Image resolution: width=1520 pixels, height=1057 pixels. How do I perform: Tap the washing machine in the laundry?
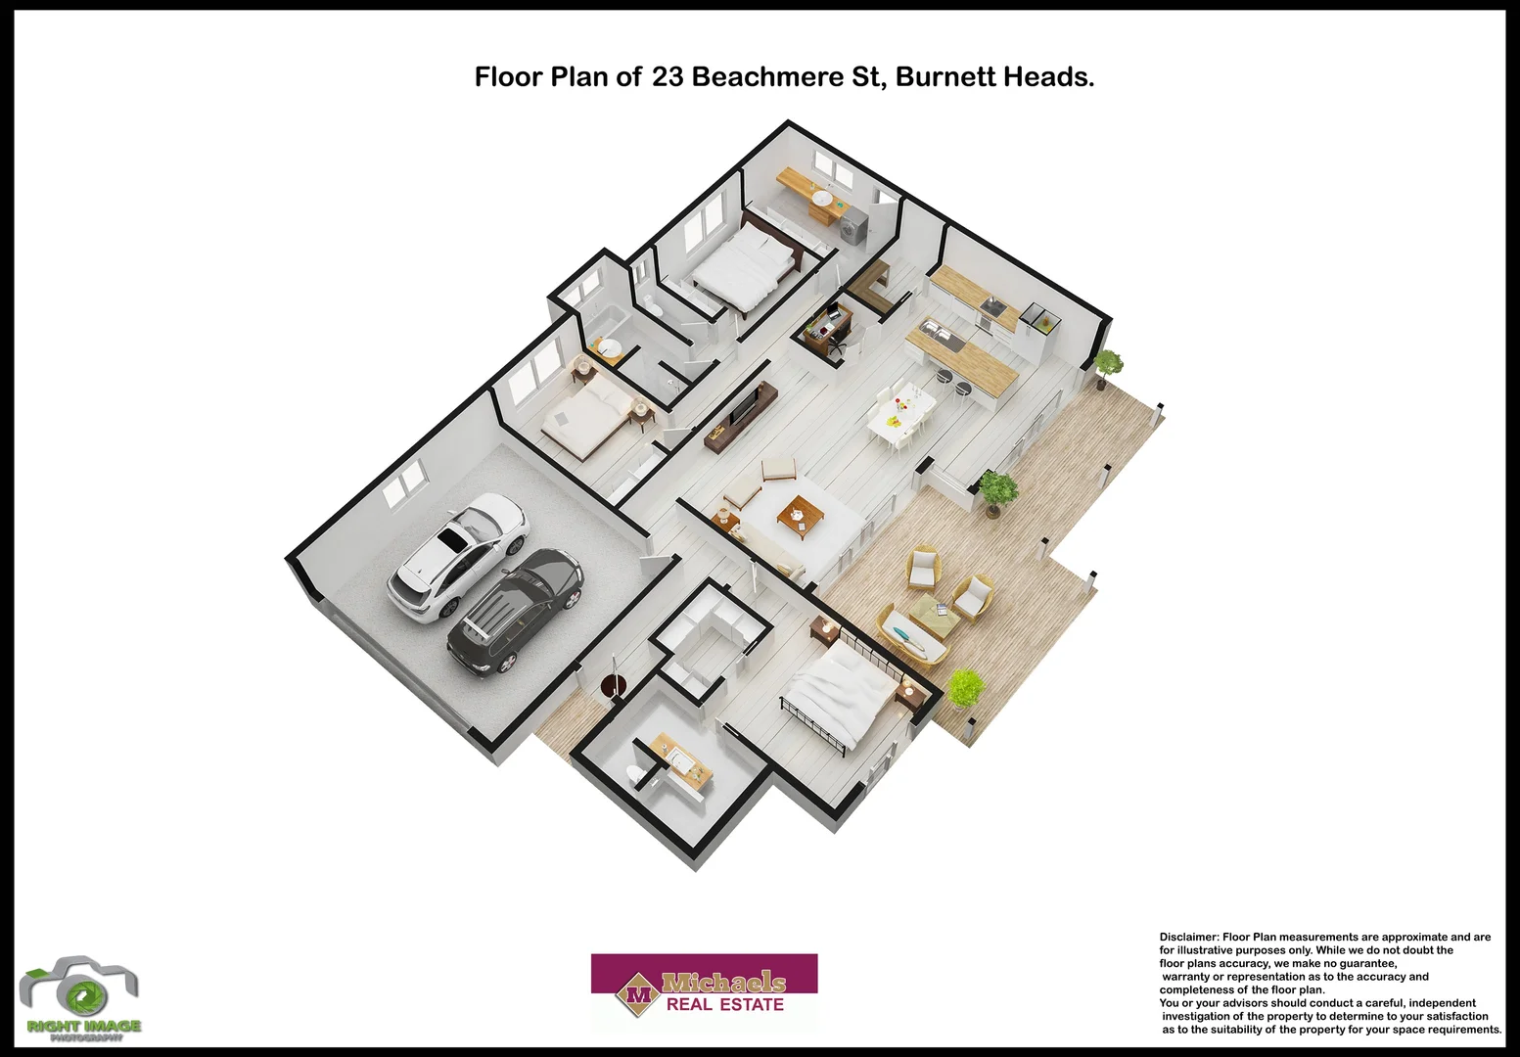852,226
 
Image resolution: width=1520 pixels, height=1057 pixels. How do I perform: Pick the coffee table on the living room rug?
799,514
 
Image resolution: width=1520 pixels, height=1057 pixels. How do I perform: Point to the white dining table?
899,411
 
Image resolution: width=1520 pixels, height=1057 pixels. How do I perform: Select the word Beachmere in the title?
766,77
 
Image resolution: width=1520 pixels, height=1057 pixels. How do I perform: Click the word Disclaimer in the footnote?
1188,938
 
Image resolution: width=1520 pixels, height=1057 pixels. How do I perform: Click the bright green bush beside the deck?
966,689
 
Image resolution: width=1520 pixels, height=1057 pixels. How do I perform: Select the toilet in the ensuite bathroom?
635,775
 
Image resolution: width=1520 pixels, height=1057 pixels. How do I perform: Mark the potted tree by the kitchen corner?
1108,366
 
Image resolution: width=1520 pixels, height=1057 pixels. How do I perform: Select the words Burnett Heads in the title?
993,77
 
